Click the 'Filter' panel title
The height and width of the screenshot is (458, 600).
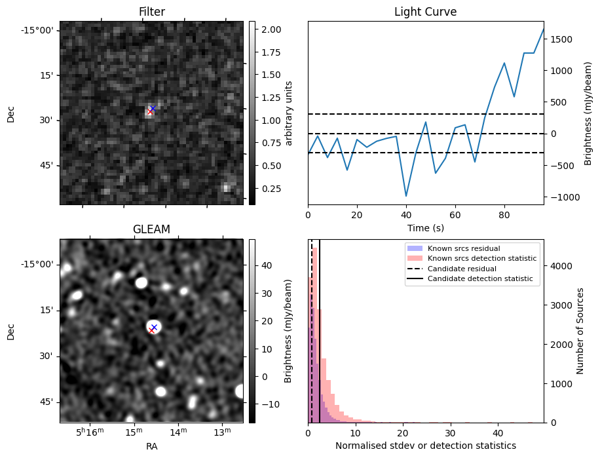click(x=151, y=12)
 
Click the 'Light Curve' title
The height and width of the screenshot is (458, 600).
click(x=425, y=12)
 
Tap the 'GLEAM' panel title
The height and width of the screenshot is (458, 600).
click(x=151, y=229)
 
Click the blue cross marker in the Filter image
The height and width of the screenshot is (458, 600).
click(x=153, y=108)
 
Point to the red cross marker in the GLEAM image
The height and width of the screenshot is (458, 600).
click(x=151, y=330)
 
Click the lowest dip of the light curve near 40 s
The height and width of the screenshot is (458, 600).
click(x=406, y=196)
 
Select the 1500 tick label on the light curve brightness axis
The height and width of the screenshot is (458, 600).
click(x=563, y=39)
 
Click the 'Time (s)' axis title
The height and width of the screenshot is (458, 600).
click(x=425, y=227)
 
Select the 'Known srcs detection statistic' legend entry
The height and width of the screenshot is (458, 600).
click(x=481, y=259)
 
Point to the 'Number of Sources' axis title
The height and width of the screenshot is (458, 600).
click(x=580, y=331)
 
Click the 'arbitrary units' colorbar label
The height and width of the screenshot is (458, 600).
click(x=289, y=113)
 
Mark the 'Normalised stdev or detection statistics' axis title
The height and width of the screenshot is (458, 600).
click(x=425, y=446)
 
